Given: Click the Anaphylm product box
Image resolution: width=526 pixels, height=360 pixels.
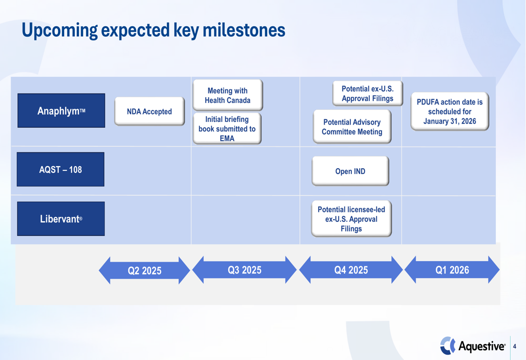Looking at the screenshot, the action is [61, 110].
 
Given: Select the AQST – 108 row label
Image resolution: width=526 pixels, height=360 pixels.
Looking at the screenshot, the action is [60, 169].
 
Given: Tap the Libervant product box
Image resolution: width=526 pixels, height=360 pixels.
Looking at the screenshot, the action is [60, 219].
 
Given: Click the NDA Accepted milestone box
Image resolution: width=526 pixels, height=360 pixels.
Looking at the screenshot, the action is [149, 111].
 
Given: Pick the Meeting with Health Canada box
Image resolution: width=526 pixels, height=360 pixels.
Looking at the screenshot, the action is [227, 95].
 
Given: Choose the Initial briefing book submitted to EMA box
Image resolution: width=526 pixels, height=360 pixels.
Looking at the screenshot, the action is [227, 129].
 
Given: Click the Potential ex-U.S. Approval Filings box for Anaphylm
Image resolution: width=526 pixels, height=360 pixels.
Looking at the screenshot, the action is [368, 94].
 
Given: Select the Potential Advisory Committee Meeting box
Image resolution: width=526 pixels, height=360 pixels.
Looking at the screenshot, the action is [352, 127].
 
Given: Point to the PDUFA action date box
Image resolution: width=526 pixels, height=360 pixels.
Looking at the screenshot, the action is [450, 111].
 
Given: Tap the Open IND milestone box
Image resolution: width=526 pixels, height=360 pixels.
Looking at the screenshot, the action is [350, 171].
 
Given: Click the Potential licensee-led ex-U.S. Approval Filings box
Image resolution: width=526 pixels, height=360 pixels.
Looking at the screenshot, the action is [351, 219].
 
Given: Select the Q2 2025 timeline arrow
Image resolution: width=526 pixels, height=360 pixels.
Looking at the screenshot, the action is [145, 271].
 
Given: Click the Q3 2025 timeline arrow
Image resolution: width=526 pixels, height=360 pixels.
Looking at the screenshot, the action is [245, 270].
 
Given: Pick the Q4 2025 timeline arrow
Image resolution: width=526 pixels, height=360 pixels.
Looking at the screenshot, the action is [351, 270].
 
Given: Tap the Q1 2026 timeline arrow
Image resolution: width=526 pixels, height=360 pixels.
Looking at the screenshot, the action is [452, 270].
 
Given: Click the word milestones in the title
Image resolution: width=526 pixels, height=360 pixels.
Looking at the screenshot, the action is [244, 30].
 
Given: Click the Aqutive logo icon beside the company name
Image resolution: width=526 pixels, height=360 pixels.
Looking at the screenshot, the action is [448, 346].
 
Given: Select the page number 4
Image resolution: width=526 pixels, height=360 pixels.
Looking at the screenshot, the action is [514, 346].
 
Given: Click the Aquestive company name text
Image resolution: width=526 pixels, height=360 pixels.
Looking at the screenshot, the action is [482, 346].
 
